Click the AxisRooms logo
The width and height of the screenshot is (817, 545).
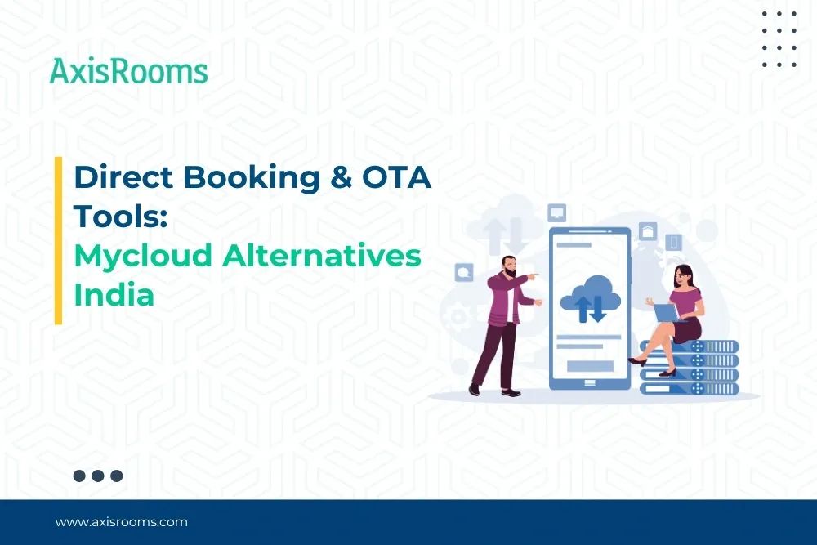point(128,71)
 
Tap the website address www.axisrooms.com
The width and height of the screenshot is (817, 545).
point(121,521)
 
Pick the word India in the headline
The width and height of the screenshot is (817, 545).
point(114,294)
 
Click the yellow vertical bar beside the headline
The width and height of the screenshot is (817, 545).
point(58,240)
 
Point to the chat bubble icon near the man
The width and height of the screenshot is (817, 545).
point(465,270)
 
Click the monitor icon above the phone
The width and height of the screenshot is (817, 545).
point(558,212)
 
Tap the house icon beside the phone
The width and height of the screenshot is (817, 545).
point(648,231)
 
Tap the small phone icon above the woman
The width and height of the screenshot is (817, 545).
point(674,242)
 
